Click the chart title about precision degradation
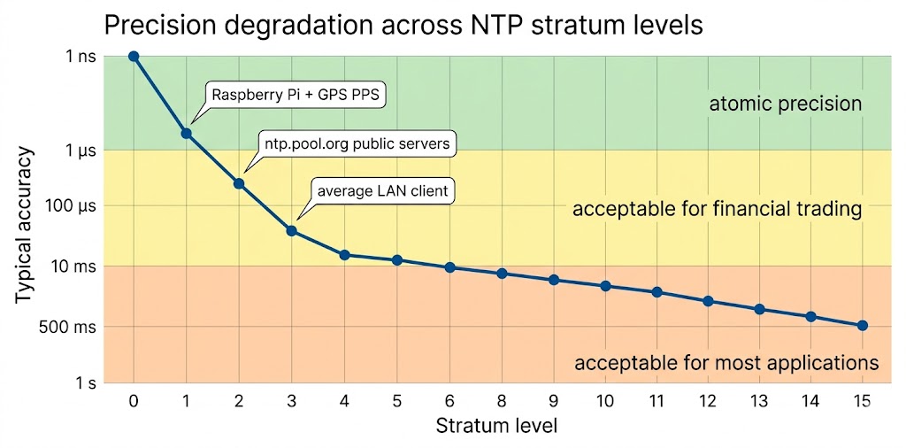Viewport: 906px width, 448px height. coord(403,24)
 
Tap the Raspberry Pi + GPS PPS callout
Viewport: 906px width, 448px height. coord(296,95)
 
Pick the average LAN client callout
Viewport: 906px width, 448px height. coord(382,191)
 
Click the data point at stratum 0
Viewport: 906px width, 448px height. coord(134,56)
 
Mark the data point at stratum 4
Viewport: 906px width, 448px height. coord(344,255)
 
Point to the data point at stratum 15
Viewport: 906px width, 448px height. coord(863,326)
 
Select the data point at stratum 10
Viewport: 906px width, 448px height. coord(606,286)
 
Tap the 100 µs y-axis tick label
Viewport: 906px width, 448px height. coord(73,206)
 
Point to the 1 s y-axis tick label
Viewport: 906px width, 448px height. coord(84,383)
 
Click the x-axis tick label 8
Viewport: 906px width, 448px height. coord(502,401)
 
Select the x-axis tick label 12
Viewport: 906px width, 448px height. coord(708,401)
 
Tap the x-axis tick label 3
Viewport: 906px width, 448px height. coord(291,401)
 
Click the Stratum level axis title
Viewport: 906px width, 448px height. coord(496,426)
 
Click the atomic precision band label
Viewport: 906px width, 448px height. coord(785,104)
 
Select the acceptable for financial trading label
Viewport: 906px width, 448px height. coord(717,209)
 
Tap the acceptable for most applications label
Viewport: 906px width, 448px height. coord(726,363)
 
